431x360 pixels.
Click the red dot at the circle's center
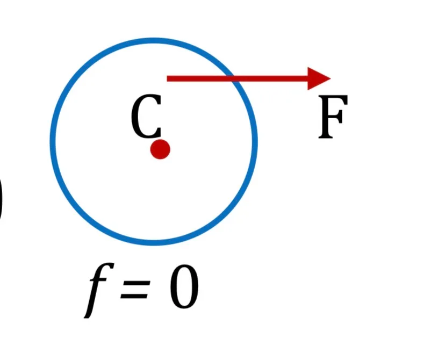click(x=160, y=149)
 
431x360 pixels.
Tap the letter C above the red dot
click(x=146, y=116)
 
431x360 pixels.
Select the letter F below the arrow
click(x=333, y=117)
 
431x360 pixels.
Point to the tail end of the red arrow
click(x=167, y=78)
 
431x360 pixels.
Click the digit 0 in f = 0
click(x=184, y=286)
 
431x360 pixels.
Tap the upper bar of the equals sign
click(x=135, y=283)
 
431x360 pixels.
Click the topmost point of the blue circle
click(x=154, y=41)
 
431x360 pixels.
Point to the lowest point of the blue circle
click(x=154, y=242)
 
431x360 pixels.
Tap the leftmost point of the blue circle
click(x=53, y=141)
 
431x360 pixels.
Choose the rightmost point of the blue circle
click(x=255, y=141)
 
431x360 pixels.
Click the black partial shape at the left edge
click(x=1, y=197)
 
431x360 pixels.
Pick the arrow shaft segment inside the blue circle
click(x=199, y=78)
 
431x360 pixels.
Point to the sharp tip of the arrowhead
click(x=331, y=78)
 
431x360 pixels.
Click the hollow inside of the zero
click(x=184, y=286)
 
